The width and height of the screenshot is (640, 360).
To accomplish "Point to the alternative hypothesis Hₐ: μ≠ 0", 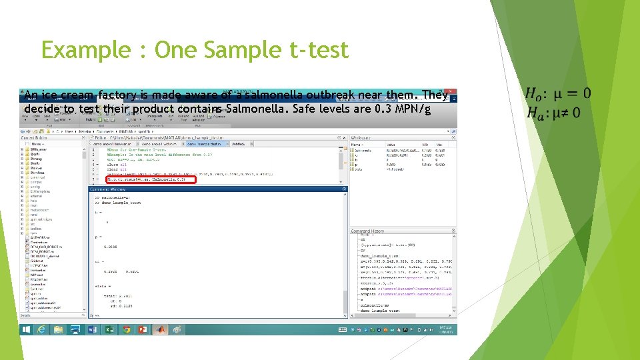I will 553,113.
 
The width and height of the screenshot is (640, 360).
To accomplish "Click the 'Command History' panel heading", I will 369,231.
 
